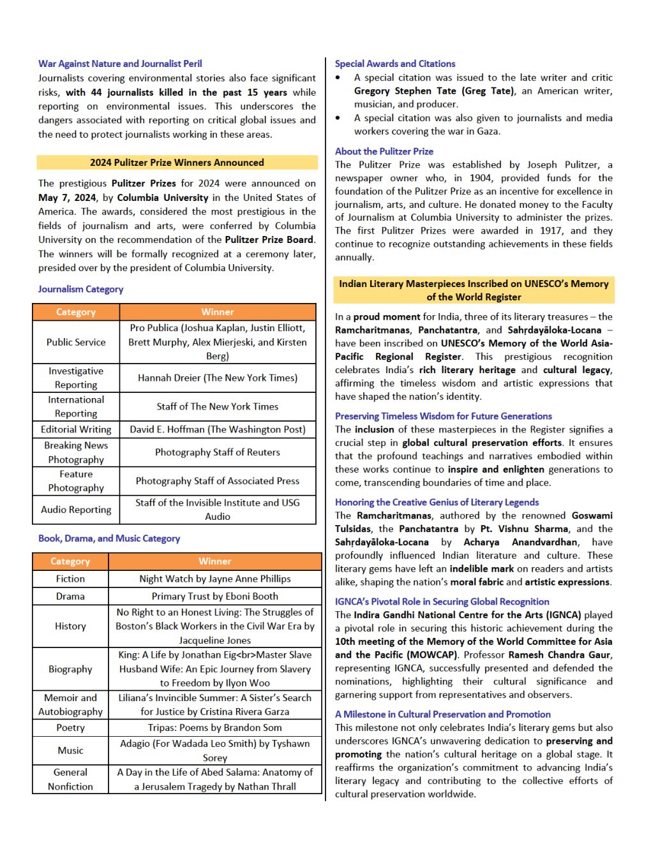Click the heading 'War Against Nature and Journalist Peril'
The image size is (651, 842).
120,64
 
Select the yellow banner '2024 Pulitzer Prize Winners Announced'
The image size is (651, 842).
177,163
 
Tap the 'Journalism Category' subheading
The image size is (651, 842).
80,289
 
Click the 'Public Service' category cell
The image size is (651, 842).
76,343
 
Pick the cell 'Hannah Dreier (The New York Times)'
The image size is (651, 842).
218,378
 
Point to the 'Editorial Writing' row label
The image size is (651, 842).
76,429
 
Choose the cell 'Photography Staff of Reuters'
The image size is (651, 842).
218,452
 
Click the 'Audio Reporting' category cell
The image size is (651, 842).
76,510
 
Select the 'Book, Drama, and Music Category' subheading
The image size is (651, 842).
109,538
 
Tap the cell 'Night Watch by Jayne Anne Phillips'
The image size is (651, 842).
215,579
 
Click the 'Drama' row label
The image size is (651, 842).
70,596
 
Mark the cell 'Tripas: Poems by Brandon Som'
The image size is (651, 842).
215,728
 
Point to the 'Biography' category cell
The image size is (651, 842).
70,669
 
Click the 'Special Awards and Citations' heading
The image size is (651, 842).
395,64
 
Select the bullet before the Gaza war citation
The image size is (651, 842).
338,118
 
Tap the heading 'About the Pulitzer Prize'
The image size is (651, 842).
384,151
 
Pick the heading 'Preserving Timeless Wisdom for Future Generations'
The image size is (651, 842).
444,416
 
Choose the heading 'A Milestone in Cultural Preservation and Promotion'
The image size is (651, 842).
443,714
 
